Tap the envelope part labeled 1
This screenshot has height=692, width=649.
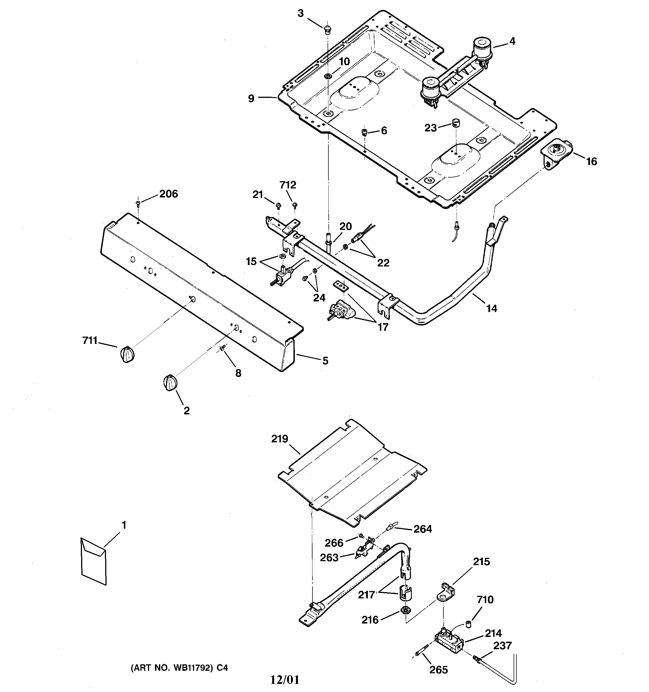(93, 561)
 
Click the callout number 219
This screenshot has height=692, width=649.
(280, 439)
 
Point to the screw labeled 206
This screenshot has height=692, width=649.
(138, 203)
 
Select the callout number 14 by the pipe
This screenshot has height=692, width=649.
(491, 308)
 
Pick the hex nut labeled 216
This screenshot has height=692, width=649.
(405, 610)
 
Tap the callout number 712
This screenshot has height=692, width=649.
(288, 185)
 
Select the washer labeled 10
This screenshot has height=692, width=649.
(328, 76)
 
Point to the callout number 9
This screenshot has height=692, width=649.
(251, 98)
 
